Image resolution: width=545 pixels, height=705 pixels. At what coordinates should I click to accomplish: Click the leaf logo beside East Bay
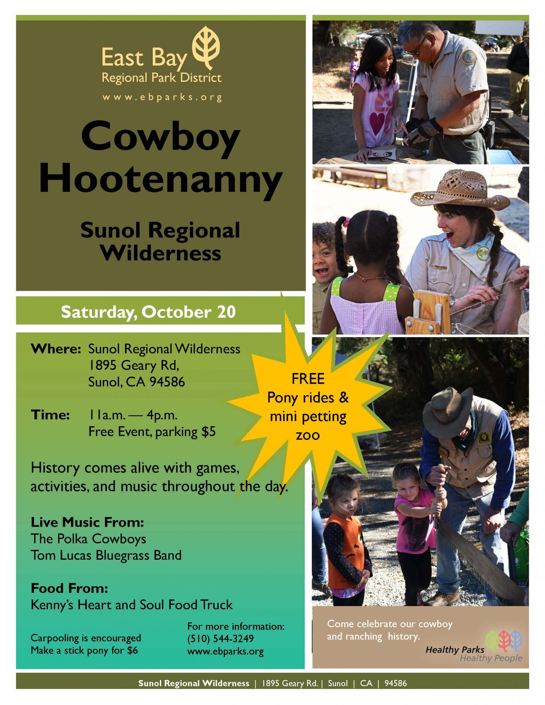pyautogui.click(x=206, y=48)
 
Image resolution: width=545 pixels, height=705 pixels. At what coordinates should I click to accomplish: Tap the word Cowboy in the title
pyautogui.click(x=160, y=137)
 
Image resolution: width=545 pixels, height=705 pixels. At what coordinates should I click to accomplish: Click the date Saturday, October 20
pyautogui.click(x=148, y=312)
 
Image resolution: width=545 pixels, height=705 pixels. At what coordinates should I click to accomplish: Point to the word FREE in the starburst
pyautogui.click(x=308, y=379)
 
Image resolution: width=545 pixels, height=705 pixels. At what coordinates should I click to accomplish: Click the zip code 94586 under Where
pyautogui.click(x=167, y=382)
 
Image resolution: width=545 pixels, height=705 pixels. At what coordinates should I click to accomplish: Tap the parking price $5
pyautogui.click(x=209, y=431)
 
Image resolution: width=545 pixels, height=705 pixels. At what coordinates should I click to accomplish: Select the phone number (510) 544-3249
pyautogui.click(x=221, y=639)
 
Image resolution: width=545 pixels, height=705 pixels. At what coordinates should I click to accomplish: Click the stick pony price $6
pyautogui.click(x=132, y=650)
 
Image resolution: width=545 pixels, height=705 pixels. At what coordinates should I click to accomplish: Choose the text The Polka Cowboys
pyautogui.click(x=88, y=539)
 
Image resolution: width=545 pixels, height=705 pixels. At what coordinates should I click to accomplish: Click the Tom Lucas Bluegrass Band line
pyautogui.click(x=106, y=555)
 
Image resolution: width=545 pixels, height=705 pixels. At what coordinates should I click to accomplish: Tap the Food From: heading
pyautogui.click(x=70, y=588)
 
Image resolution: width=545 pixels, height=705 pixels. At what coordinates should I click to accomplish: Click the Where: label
pyautogui.click(x=56, y=349)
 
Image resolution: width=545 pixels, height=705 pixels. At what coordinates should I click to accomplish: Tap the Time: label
pyautogui.click(x=50, y=415)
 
